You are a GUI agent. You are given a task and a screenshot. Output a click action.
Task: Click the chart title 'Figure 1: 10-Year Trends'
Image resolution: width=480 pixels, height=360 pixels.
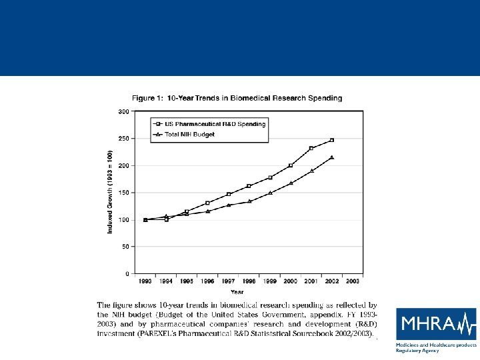237,98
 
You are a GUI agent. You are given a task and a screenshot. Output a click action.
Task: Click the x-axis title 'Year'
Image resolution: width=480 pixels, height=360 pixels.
237,291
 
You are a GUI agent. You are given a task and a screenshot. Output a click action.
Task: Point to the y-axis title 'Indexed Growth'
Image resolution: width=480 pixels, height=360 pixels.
110,192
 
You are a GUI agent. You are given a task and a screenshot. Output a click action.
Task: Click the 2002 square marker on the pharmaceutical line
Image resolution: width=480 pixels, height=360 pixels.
332,140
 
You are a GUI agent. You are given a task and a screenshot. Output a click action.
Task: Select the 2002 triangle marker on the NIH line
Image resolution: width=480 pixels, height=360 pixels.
332,157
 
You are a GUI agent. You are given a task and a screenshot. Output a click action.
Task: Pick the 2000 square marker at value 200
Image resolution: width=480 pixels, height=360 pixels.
291,165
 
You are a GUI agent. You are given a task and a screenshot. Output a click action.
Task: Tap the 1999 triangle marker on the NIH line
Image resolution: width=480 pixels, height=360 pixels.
270,193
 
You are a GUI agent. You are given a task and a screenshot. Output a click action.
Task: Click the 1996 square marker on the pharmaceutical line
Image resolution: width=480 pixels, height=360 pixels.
207,203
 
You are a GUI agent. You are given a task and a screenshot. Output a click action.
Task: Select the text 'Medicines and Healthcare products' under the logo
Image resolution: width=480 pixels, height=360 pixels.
436,345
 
